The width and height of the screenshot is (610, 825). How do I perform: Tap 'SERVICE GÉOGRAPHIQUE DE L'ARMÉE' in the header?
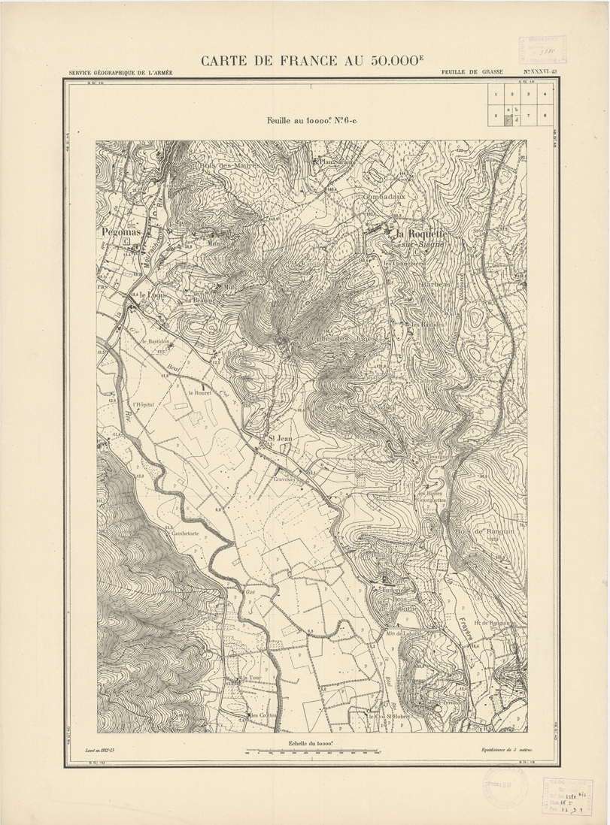[120, 73]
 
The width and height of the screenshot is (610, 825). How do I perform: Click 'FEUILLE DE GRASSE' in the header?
[472, 73]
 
